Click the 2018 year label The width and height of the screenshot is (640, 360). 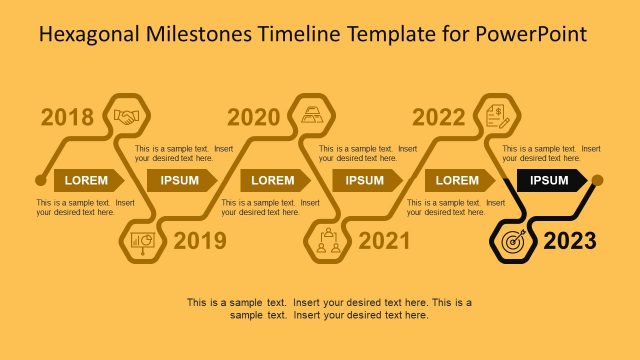tap(68, 118)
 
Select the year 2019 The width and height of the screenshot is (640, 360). tap(200, 241)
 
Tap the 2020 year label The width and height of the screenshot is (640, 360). tap(254, 118)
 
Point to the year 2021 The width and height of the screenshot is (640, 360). tap(384, 241)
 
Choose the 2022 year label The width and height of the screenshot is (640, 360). tap(439, 118)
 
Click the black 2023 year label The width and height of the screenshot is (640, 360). tap(569, 241)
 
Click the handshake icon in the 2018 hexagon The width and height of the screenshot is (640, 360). tap(128, 116)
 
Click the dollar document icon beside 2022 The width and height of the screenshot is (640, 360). tap(497, 116)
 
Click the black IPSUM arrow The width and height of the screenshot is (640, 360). tap(551, 180)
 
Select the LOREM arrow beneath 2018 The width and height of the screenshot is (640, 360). tap(88, 180)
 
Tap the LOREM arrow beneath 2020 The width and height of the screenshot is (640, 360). tap(274, 180)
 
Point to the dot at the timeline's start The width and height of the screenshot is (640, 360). tap(40, 180)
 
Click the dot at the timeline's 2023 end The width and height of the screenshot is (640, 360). tap(597, 180)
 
